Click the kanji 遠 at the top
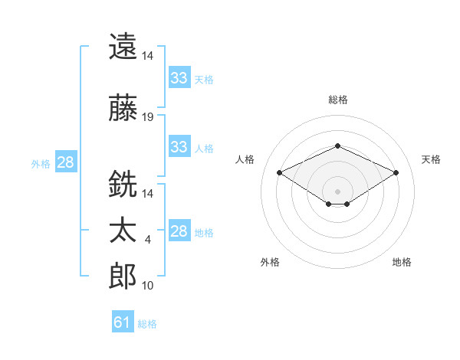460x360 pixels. [123, 46]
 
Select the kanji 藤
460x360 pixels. [123, 107]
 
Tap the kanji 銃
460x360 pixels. [123, 184]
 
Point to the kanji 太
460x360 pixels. [123, 230]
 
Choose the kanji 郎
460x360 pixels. [123, 276]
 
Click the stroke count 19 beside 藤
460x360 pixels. [147, 117]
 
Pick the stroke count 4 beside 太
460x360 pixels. [147, 240]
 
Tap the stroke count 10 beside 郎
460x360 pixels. [147, 286]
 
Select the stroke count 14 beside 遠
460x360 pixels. [147, 56]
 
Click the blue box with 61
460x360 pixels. [123, 321]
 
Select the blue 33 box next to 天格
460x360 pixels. [180, 77]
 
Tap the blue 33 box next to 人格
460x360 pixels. [180, 146]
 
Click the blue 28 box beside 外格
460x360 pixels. [66, 162]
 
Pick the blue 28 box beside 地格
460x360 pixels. [180, 230]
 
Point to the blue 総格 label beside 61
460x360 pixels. [147, 324]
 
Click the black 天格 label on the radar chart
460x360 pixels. [431, 159]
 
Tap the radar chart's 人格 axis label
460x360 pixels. [245, 159]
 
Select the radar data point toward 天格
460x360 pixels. [396, 172]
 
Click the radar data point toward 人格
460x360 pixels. [280, 172]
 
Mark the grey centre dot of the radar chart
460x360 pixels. [337, 191]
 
